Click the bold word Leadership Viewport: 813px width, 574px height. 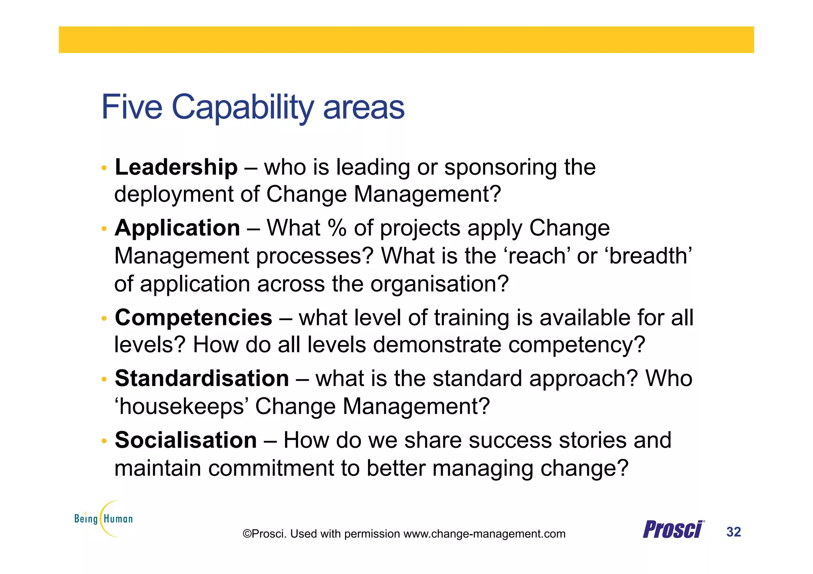[x=176, y=167]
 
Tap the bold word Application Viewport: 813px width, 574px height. [x=177, y=228]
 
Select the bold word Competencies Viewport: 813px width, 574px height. [x=193, y=318]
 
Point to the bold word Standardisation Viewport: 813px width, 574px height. [x=202, y=378]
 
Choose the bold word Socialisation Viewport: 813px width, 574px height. [x=186, y=440]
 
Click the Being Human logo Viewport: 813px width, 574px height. [x=104, y=518]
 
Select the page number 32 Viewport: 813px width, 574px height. [x=733, y=532]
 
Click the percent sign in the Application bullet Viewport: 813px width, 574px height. [x=337, y=228]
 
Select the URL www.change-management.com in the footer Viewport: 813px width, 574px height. [x=484, y=534]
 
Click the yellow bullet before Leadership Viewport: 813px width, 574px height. [x=104, y=168]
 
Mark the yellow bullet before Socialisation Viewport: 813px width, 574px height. [x=104, y=441]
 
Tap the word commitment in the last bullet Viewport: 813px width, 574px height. [x=271, y=468]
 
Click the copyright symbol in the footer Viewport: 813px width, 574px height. [x=247, y=534]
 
